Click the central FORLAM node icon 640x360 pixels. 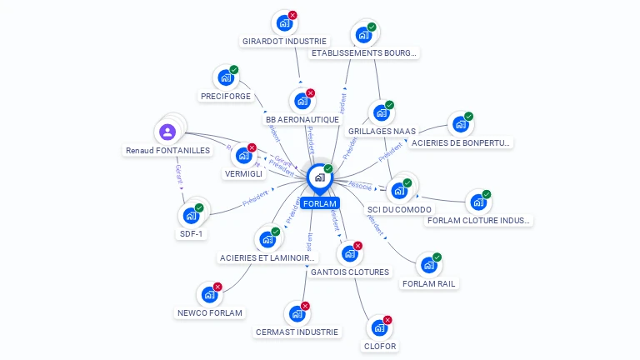319,177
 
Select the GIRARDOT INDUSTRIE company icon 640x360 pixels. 283,22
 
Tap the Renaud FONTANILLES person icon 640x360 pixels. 167,132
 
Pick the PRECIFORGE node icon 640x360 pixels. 225,77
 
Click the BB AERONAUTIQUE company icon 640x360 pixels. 302,101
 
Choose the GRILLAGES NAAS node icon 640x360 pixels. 381,112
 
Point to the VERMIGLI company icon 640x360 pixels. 243,155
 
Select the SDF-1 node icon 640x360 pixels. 191,215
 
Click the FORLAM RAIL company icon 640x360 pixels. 428,265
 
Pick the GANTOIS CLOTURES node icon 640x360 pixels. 349,253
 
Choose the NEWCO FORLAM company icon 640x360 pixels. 208,294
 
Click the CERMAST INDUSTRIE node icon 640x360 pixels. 297,313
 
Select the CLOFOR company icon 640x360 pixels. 379,327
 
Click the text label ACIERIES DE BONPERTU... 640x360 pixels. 461,142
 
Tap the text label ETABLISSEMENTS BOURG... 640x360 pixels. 363,53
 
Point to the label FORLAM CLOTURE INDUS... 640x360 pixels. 477,221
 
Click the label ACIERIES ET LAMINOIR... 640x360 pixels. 267,258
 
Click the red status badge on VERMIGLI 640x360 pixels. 252,147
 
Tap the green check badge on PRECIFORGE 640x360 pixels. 234,70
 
